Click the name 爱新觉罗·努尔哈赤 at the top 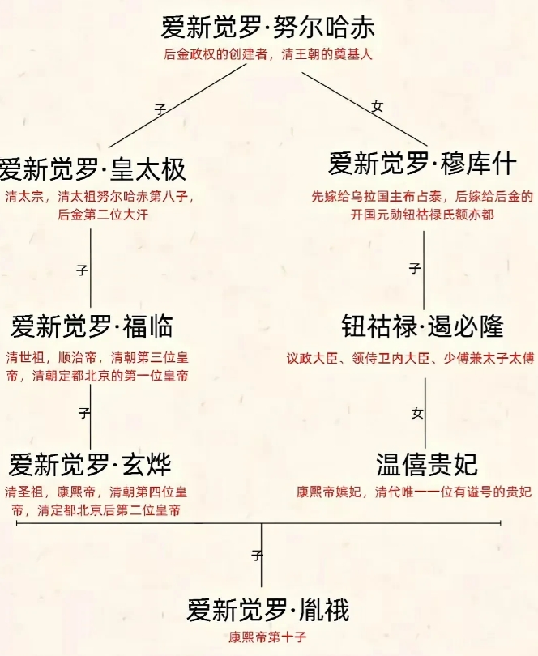click(x=267, y=28)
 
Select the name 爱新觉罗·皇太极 click(x=92, y=169)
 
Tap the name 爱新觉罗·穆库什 click(x=422, y=164)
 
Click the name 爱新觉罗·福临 click(x=92, y=326)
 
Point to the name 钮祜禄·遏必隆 click(x=422, y=326)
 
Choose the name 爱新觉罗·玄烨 click(x=90, y=464)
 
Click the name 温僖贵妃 click(x=427, y=464)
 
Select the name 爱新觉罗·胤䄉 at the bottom click(x=268, y=610)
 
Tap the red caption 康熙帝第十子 click(x=267, y=637)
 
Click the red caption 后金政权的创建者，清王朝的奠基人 click(x=268, y=54)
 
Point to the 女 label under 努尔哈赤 click(x=378, y=107)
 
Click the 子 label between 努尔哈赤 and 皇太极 click(x=160, y=109)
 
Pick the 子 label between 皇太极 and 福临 click(x=82, y=270)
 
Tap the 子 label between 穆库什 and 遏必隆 click(x=415, y=268)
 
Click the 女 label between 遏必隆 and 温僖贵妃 click(x=417, y=413)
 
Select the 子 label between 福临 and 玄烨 click(x=84, y=413)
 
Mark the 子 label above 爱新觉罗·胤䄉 click(x=257, y=556)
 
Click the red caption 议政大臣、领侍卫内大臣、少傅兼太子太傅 click(x=410, y=359)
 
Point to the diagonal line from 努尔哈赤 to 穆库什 click(x=365, y=109)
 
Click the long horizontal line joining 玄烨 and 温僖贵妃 click(x=258, y=523)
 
